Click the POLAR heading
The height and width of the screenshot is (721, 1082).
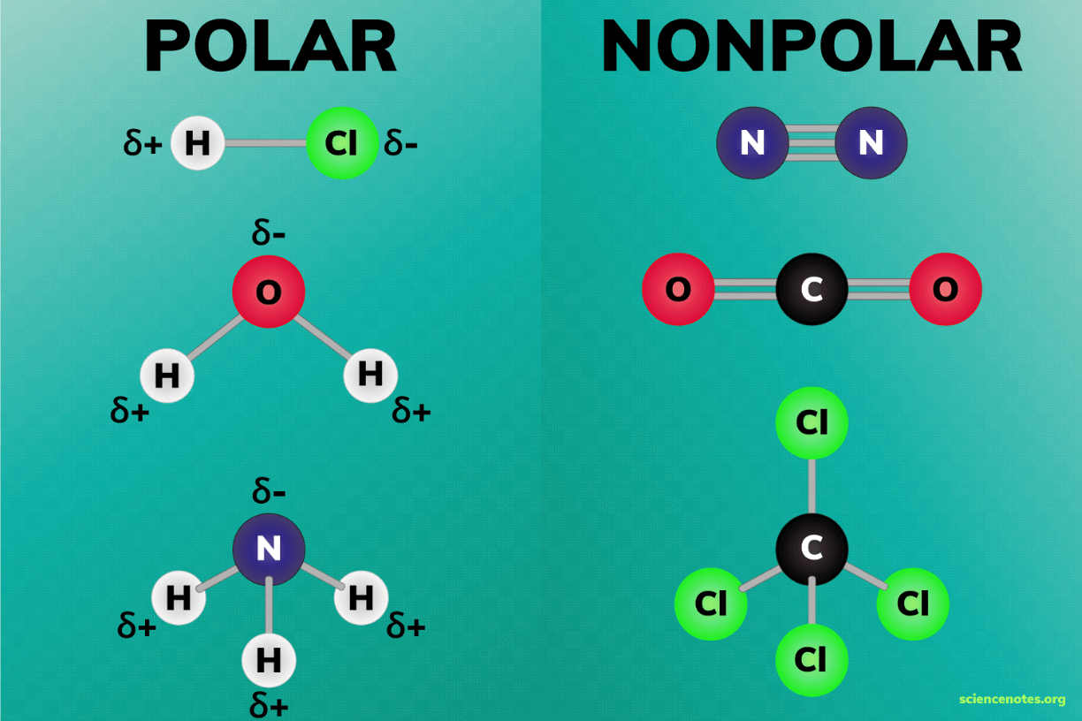[270, 47]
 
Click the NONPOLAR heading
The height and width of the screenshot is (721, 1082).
[811, 47]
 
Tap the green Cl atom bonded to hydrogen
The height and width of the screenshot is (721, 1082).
[342, 143]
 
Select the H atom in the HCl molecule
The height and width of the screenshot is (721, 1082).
[197, 143]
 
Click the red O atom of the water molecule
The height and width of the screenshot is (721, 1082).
[269, 292]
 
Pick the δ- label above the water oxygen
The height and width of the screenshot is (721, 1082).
[269, 232]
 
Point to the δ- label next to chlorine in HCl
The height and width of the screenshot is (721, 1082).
[401, 143]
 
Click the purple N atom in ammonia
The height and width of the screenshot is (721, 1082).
[269, 549]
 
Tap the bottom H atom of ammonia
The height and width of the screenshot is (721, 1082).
[269, 660]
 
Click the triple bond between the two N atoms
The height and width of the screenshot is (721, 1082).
[812, 143]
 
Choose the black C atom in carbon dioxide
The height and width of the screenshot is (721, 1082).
[812, 289]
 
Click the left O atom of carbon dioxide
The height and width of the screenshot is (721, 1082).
[678, 289]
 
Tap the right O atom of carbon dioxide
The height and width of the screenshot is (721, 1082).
[946, 289]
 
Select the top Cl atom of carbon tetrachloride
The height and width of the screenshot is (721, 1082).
[812, 423]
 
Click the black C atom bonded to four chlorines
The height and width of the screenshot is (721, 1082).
[812, 549]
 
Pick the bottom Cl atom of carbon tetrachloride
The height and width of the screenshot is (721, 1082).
[812, 660]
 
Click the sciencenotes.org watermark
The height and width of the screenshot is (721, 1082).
[1012, 699]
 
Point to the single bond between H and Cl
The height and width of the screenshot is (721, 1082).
[266, 143]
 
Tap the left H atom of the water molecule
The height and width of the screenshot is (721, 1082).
[167, 376]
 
